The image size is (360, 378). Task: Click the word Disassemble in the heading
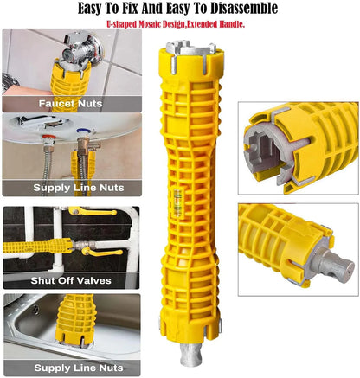point(244,9)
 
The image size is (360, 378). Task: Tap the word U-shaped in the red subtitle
point(121,24)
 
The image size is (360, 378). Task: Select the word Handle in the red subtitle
point(232,24)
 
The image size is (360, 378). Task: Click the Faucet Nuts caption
point(71,104)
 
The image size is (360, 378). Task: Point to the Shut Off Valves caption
point(71,280)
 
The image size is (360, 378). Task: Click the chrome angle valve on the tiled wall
point(82,48)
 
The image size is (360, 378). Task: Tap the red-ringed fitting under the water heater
point(48,140)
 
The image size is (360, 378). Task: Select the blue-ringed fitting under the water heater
point(85,135)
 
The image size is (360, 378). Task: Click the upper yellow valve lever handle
point(93,212)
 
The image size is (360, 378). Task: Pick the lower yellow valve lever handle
point(103,253)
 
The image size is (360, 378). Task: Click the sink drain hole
point(35,310)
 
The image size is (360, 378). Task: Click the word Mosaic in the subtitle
point(150,24)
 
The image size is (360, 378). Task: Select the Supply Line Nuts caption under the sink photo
point(79,368)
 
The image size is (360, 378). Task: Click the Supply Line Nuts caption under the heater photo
point(79,188)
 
